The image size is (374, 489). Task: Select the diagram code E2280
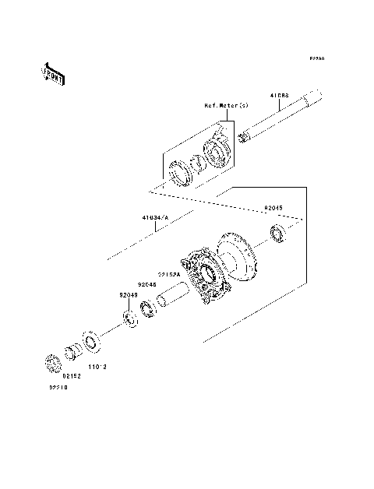pos(316,58)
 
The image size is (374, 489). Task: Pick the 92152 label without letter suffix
pos(72,375)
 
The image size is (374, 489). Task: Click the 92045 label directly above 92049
pos(148,285)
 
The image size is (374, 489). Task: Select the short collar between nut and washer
pos(72,351)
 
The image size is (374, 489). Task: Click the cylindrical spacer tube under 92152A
pos(172,297)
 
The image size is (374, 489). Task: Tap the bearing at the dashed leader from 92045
pos(276,231)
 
